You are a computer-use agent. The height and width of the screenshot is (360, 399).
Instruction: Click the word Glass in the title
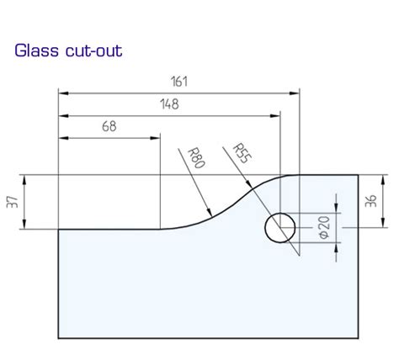35,50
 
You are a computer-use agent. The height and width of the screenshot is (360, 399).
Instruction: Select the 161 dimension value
178,82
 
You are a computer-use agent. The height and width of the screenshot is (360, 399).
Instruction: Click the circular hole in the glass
280,227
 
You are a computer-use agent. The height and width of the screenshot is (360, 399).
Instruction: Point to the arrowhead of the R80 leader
210,216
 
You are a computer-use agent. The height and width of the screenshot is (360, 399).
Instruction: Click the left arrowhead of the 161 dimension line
61,90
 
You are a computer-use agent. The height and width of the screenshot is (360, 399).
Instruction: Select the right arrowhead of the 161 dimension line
297,90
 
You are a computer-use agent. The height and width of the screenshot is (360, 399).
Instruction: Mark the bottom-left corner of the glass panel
57,334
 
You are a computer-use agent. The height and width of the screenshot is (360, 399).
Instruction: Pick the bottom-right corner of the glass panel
359,334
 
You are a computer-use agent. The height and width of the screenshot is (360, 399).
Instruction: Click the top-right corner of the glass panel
359,175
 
